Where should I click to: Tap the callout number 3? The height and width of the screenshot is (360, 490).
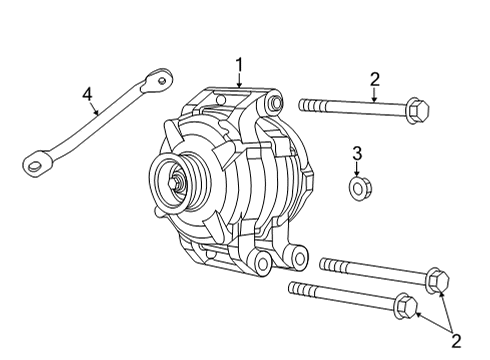357,153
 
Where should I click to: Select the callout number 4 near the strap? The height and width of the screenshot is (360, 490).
88,95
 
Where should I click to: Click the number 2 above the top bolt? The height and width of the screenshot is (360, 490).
374,79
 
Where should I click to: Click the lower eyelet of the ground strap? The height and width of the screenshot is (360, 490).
35,158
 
